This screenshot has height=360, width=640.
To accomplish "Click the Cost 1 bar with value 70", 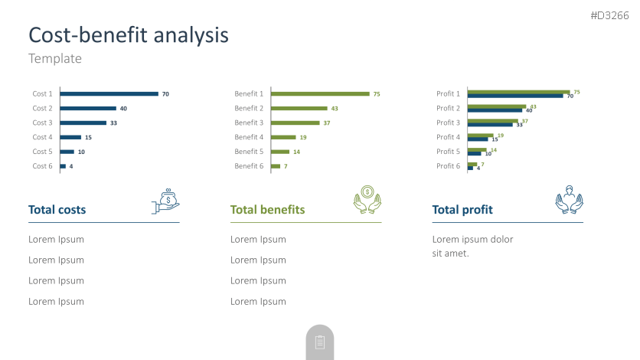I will [x=109, y=94].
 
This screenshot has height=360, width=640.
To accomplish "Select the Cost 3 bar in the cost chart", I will [x=83, y=123].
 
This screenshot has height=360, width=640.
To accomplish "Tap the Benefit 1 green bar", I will [x=320, y=94].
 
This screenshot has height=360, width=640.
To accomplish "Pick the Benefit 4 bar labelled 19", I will [x=282, y=137].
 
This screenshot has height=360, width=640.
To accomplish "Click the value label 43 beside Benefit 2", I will [x=335, y=109].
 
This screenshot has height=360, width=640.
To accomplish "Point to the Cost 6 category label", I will [x=42, y=166].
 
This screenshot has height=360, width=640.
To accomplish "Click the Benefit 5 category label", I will [x=249, y=152].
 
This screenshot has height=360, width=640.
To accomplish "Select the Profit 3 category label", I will [x=449, y=123].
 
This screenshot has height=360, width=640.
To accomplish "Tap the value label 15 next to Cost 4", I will [x=88, y=138].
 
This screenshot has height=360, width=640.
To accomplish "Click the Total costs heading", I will [x=57, y=210].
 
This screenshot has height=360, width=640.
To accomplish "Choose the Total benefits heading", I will [x=268, y=210].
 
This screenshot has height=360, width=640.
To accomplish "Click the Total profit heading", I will [x=462, y=210].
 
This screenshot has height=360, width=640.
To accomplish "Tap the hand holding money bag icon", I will [x=166, y=201].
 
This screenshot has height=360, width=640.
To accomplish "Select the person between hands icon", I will [x=569, y=198].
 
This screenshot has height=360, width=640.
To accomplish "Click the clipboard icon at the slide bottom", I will [x=320, y=342].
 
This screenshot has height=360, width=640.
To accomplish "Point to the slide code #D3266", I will [x=609, y=15].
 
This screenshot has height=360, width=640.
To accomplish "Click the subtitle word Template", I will [x=55, y=58].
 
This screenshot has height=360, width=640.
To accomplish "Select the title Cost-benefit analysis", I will [x=129, y=34].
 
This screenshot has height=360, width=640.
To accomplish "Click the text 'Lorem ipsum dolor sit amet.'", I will [x=472, y=246].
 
